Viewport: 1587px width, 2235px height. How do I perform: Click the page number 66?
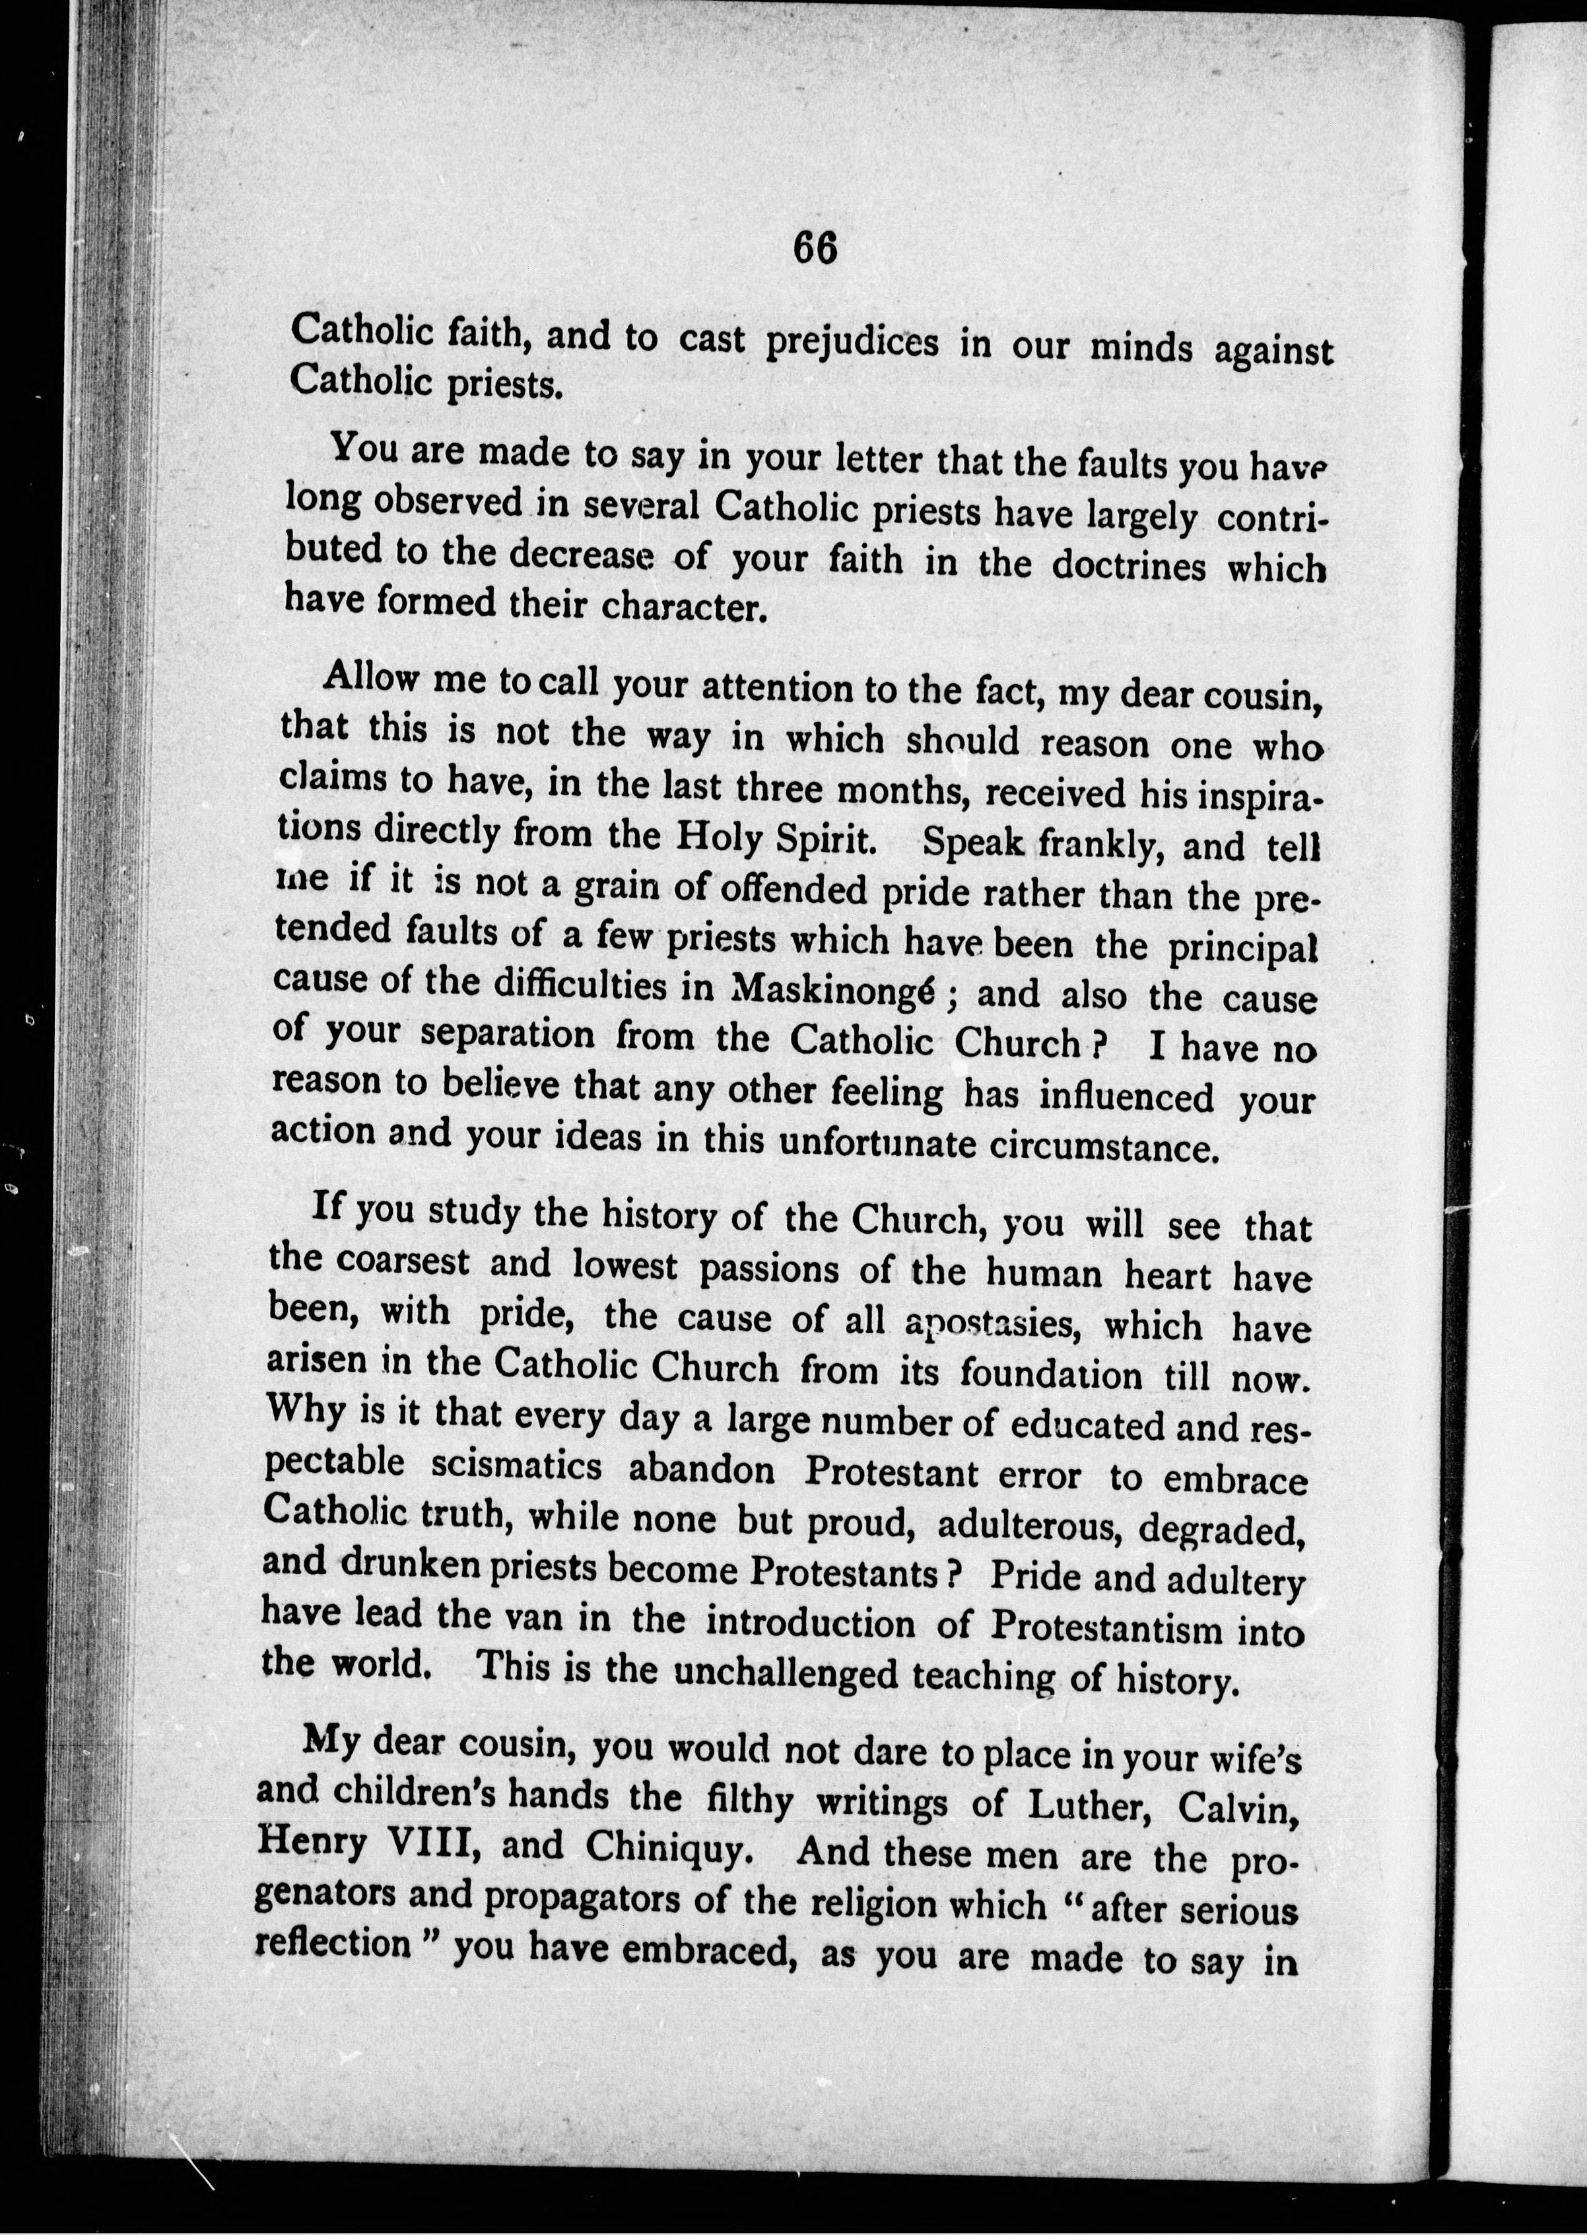coord(815,248)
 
